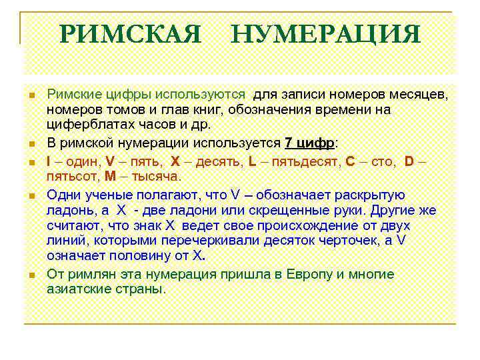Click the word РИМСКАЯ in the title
[130, 34]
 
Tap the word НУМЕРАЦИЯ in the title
[326, 34]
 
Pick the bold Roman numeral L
[251, 161]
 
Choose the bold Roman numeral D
[409, 161]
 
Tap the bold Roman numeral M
[110, 176]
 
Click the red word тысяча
[156, 176]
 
